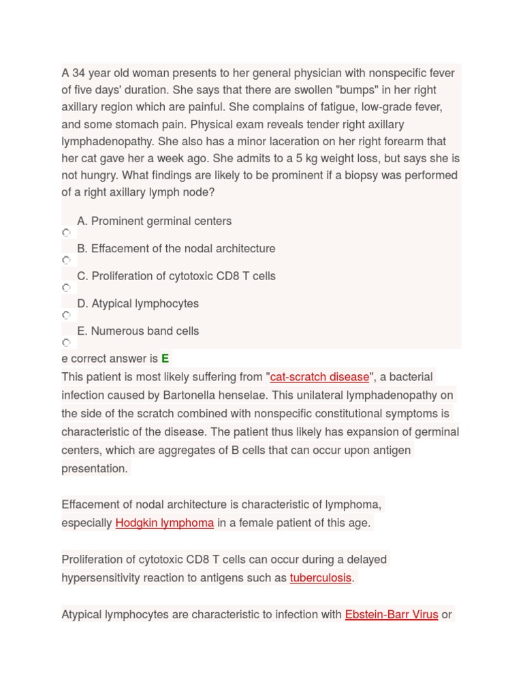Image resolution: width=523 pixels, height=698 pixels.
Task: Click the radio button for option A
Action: coord(66,232)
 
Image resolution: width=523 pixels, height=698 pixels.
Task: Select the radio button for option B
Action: coord(66,260)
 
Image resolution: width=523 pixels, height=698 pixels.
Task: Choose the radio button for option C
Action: coord(66,288)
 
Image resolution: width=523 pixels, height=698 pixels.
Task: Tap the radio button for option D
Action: coord(66,315)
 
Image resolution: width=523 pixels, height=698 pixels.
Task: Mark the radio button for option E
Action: coord(66,342)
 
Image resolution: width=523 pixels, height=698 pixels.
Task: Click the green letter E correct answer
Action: coord(165,359)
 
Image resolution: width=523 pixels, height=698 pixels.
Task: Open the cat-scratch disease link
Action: coord(319,377)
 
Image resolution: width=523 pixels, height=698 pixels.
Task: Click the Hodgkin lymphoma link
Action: coord(165,523)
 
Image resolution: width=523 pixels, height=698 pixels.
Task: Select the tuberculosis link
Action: coord(321,578)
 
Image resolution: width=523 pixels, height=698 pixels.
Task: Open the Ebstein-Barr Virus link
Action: coord(392,614)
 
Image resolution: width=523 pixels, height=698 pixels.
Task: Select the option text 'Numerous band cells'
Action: coord(145,331)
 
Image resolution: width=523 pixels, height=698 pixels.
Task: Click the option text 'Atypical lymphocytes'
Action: coord(145,303)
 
